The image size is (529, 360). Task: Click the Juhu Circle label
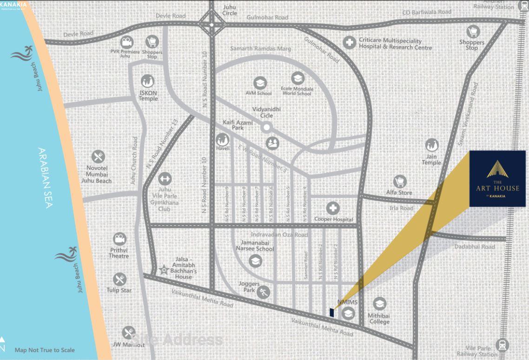click(230, 10)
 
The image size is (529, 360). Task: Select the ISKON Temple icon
click(148, 81)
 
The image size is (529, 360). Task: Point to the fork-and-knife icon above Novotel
click(98, 157)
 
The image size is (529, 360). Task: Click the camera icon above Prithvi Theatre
click(119, 239)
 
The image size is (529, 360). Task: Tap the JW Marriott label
click(129, 345)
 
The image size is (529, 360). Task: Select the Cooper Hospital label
click(334, 219)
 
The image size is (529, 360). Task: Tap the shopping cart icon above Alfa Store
click(399, 181)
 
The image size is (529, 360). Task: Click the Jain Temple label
click(431, 159)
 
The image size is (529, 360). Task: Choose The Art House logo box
click(497, 178)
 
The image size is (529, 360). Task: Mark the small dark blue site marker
click(331, 312)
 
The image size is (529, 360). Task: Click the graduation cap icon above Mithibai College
click(380, 304)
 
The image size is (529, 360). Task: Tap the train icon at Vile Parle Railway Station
click(502, 345)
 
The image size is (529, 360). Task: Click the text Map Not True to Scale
click(45, 350)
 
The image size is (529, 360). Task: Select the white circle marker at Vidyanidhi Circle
click(266, 127)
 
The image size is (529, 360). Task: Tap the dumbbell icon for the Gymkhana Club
click(165, 178)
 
